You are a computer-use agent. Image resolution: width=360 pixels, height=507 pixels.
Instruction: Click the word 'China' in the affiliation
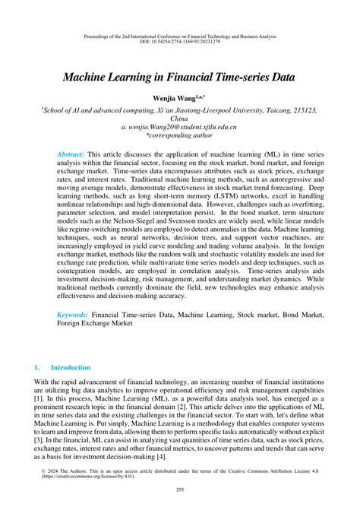click(x=179, y=119)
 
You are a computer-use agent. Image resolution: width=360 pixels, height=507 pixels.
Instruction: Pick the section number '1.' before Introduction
click(x=37, y=366)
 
